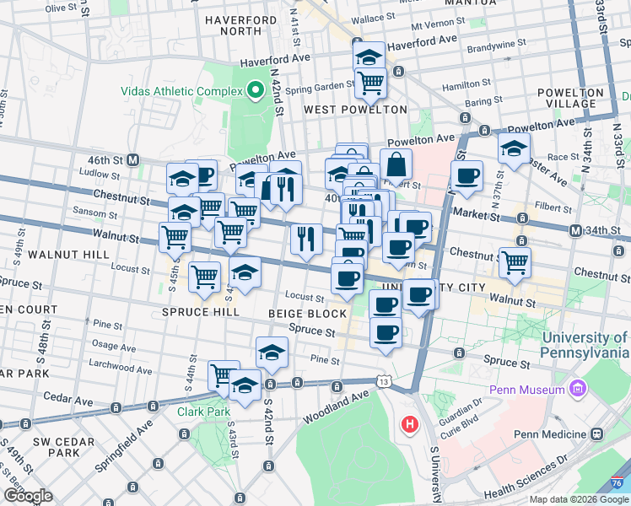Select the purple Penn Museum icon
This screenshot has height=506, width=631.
[x=578, y=390]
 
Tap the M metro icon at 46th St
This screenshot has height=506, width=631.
[x=133, y=159]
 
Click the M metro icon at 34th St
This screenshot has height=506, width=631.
[x=576, y=231]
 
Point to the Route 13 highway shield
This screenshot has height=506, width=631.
[x=385, y=382]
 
